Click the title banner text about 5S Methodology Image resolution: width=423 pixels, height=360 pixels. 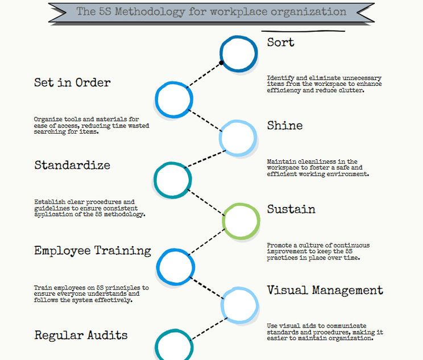click(x=211, y=11)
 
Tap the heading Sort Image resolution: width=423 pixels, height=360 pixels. click(x=281, y=42)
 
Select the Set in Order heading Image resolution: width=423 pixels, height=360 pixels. click(x=72, y=82)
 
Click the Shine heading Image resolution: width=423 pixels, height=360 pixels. click(x=285, y=126)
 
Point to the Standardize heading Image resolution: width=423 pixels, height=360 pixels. click(x=72, y=165)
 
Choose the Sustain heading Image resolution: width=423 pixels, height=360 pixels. click(x=291, y=209)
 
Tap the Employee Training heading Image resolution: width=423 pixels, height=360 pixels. click(x=93, y=251)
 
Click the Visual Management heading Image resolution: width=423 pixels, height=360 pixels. click(x=325, y=291)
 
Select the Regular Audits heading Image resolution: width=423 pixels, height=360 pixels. click(x=81, y=335)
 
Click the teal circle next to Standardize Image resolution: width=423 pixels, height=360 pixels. click(x=172, y=180)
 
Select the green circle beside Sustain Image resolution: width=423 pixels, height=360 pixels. click(x=241, y=220)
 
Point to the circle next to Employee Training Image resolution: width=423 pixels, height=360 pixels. click(x=176, y=266)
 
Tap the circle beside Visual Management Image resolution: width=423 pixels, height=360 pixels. click(x=239, y=305)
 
